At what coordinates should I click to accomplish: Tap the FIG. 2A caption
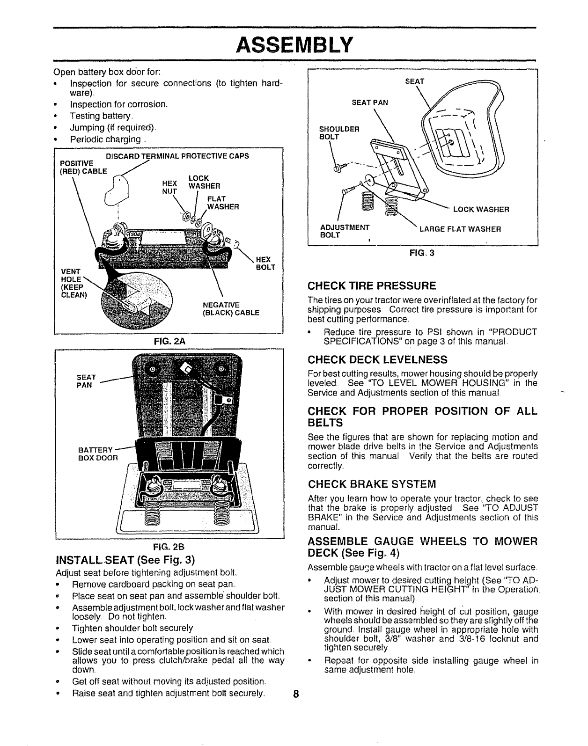pos(169,342)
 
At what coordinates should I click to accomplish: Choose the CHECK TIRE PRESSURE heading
pos(372,285)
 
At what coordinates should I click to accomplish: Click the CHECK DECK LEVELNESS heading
pos(377,359)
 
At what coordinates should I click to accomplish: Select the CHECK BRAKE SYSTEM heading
pos(371,483)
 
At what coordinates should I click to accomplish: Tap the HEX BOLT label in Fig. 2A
pos(265,263)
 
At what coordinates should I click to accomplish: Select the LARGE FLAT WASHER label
pos(460,229)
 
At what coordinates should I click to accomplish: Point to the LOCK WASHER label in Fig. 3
pos(480,209)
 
